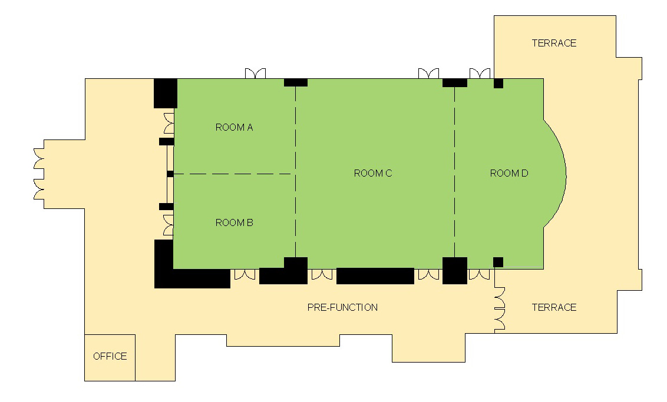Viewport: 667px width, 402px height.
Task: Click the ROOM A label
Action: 234,127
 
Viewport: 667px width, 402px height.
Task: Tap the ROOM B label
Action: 234,222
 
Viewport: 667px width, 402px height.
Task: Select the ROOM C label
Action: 372,173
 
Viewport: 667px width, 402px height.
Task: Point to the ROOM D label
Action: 508,173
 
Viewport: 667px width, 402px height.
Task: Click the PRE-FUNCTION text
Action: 342,307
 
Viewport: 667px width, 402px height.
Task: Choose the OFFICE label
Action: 110,356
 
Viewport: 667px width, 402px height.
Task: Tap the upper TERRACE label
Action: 554,43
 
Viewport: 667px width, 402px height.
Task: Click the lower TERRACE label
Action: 554,307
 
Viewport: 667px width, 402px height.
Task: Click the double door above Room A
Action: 255,74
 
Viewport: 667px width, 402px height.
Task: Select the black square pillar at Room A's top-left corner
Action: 166,93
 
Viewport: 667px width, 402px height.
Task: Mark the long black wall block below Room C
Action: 375,276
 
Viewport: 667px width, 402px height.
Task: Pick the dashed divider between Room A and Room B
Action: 232,174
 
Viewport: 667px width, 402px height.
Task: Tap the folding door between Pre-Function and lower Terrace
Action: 500,310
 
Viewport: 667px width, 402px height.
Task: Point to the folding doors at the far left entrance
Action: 39,174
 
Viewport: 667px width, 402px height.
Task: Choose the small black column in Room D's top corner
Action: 498,84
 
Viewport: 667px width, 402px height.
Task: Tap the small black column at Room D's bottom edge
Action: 498,262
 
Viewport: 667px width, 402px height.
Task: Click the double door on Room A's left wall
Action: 169,123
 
